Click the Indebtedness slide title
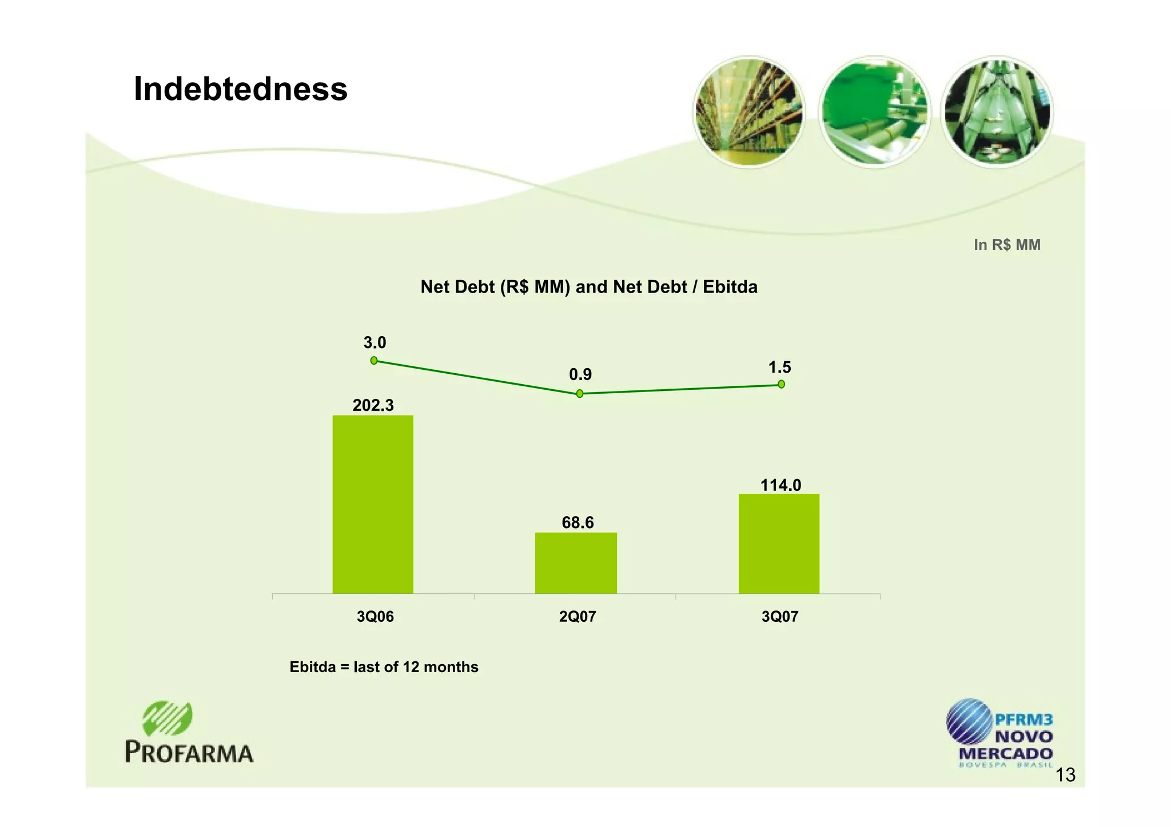tap(240, 89)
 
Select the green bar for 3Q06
tap(373, 504)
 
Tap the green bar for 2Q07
tap(576, 563)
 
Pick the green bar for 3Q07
tap(779, 544)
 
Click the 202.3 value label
tap(373, 405)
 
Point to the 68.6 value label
tap(577, 522)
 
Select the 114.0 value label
tap(780, 485)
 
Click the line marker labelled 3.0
tap(374, 361)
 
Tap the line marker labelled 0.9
tap(580, 394)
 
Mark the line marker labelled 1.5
tap(781, 384)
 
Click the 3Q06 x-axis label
tap(375, 617)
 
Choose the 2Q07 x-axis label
tap(577, 617)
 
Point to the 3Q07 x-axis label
tap(780, 617)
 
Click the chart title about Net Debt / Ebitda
tap(589, 287)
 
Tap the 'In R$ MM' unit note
tap(1007, 245)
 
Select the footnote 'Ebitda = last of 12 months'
tap(384, 667)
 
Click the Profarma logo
tap(189, 733)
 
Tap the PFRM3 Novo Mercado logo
tap(999, 733)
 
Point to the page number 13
tap(1065, 775)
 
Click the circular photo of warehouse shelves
tap(749, 111)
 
